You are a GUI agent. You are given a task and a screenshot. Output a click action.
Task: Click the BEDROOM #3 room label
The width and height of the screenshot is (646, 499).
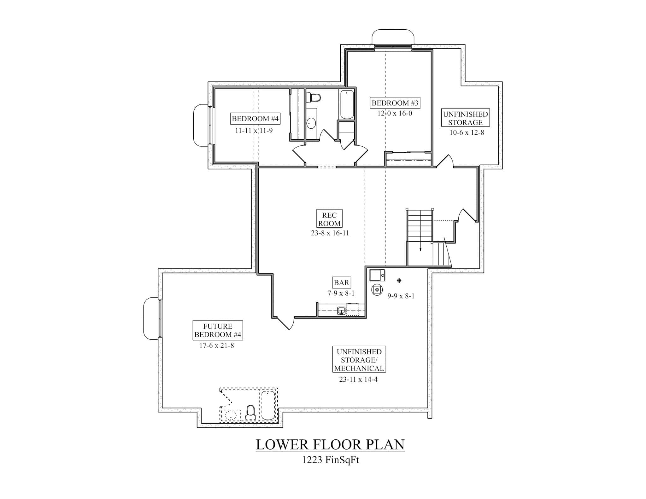pyautogui.click(x=395, y=103)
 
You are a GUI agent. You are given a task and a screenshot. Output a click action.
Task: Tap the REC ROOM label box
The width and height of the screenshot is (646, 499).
pyautogui.click(x=329, y=219)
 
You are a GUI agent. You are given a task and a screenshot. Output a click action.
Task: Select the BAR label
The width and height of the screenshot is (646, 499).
pyautogui.click(x=341, y=283)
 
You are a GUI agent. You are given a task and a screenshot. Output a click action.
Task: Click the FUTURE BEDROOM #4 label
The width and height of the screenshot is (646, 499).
pyautogui.click(x=218, y=330)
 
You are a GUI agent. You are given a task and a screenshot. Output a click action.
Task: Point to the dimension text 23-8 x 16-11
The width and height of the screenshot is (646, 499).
pyautogui.click(x=330, y=233)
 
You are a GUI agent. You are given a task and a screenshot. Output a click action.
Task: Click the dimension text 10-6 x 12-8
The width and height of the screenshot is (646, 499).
pyautogui.click(x=467, y=133)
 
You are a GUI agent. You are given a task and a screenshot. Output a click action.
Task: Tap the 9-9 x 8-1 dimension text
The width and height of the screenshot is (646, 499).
pyautogui.click(x=401, y=296)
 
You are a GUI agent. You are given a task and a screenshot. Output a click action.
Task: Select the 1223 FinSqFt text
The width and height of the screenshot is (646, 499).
pyautogui.click(x=330, y=460)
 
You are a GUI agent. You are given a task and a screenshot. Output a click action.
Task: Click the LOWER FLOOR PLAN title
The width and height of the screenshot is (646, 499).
pyautogui.click(x=330, y=444)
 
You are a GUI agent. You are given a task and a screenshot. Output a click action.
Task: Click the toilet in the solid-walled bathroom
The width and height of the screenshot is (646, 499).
pyautogui.click(x=314, y=98)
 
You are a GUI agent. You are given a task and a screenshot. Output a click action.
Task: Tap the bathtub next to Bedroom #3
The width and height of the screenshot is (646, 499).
pyautogui.click(x=347, y=104)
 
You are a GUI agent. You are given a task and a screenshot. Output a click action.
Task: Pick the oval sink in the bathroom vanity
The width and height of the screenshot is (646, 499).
pyautogui.click(x=311, y=123)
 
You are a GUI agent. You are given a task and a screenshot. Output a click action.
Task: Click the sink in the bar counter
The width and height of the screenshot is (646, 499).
pyautogui.click(x=341, y=311)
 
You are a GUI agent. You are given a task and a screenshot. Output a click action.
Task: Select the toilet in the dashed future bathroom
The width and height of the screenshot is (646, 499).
pyautogui.click(x=250, y=413)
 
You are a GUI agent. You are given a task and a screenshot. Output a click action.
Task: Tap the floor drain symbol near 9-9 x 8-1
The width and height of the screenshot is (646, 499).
pyautogui.click(x=399, y=280)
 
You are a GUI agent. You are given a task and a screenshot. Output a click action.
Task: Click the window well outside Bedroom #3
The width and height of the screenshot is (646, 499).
pyautogui.click(x=393, y=37)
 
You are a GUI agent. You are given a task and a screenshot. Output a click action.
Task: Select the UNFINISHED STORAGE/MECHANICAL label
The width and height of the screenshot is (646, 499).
pyautogui.click(x=359, y=360)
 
